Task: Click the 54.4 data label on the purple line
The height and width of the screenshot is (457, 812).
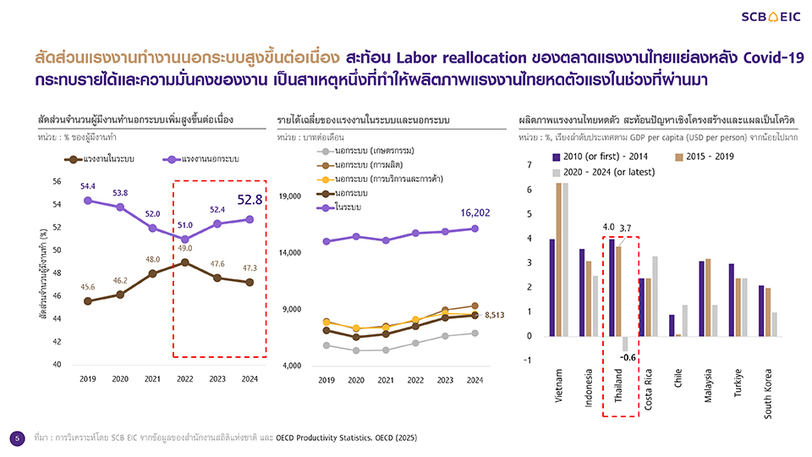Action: pos(87,185)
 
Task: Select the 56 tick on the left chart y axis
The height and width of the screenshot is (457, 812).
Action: pos(56,181)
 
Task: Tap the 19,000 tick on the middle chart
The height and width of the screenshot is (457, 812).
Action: pos(291,196)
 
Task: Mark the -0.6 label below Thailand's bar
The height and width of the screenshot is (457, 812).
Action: pos(627,357)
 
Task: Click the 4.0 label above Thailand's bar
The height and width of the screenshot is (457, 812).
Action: pos(608,227)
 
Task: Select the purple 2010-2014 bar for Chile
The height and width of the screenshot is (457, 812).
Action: pos(672,325)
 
